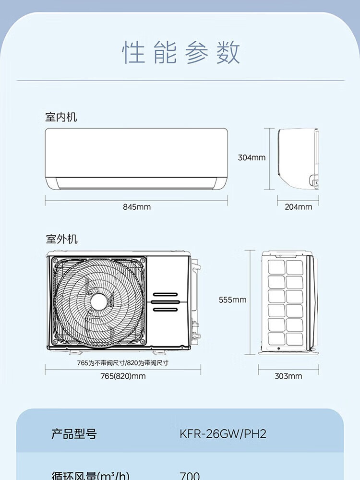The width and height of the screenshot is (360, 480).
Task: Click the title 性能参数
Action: click(x=181, y=52)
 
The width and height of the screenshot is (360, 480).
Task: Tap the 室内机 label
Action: click(x=61, y=117)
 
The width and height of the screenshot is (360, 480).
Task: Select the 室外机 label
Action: click(x=61, y=239)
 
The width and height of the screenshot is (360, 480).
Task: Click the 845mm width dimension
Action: click(x=136, y=207)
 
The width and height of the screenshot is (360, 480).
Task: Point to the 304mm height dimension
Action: click(x=252, y=157)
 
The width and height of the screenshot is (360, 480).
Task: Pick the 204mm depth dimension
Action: click(x=298, y=207)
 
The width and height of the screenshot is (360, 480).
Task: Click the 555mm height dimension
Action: click(x=232, y=300)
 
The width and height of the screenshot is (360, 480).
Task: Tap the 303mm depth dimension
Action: click(x=288, y=376)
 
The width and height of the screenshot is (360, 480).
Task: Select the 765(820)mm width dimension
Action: click(x=123, y=376)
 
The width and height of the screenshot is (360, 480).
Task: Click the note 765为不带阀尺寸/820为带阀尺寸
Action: click(x=123, y=363)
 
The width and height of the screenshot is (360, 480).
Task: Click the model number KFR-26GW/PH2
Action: click(x=222, y=434)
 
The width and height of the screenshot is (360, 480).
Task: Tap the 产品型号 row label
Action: click(x=74, y=434)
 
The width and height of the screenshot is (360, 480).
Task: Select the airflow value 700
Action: click(x=190, y=476)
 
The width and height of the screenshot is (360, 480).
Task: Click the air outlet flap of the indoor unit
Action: click(x=136, y=183)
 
